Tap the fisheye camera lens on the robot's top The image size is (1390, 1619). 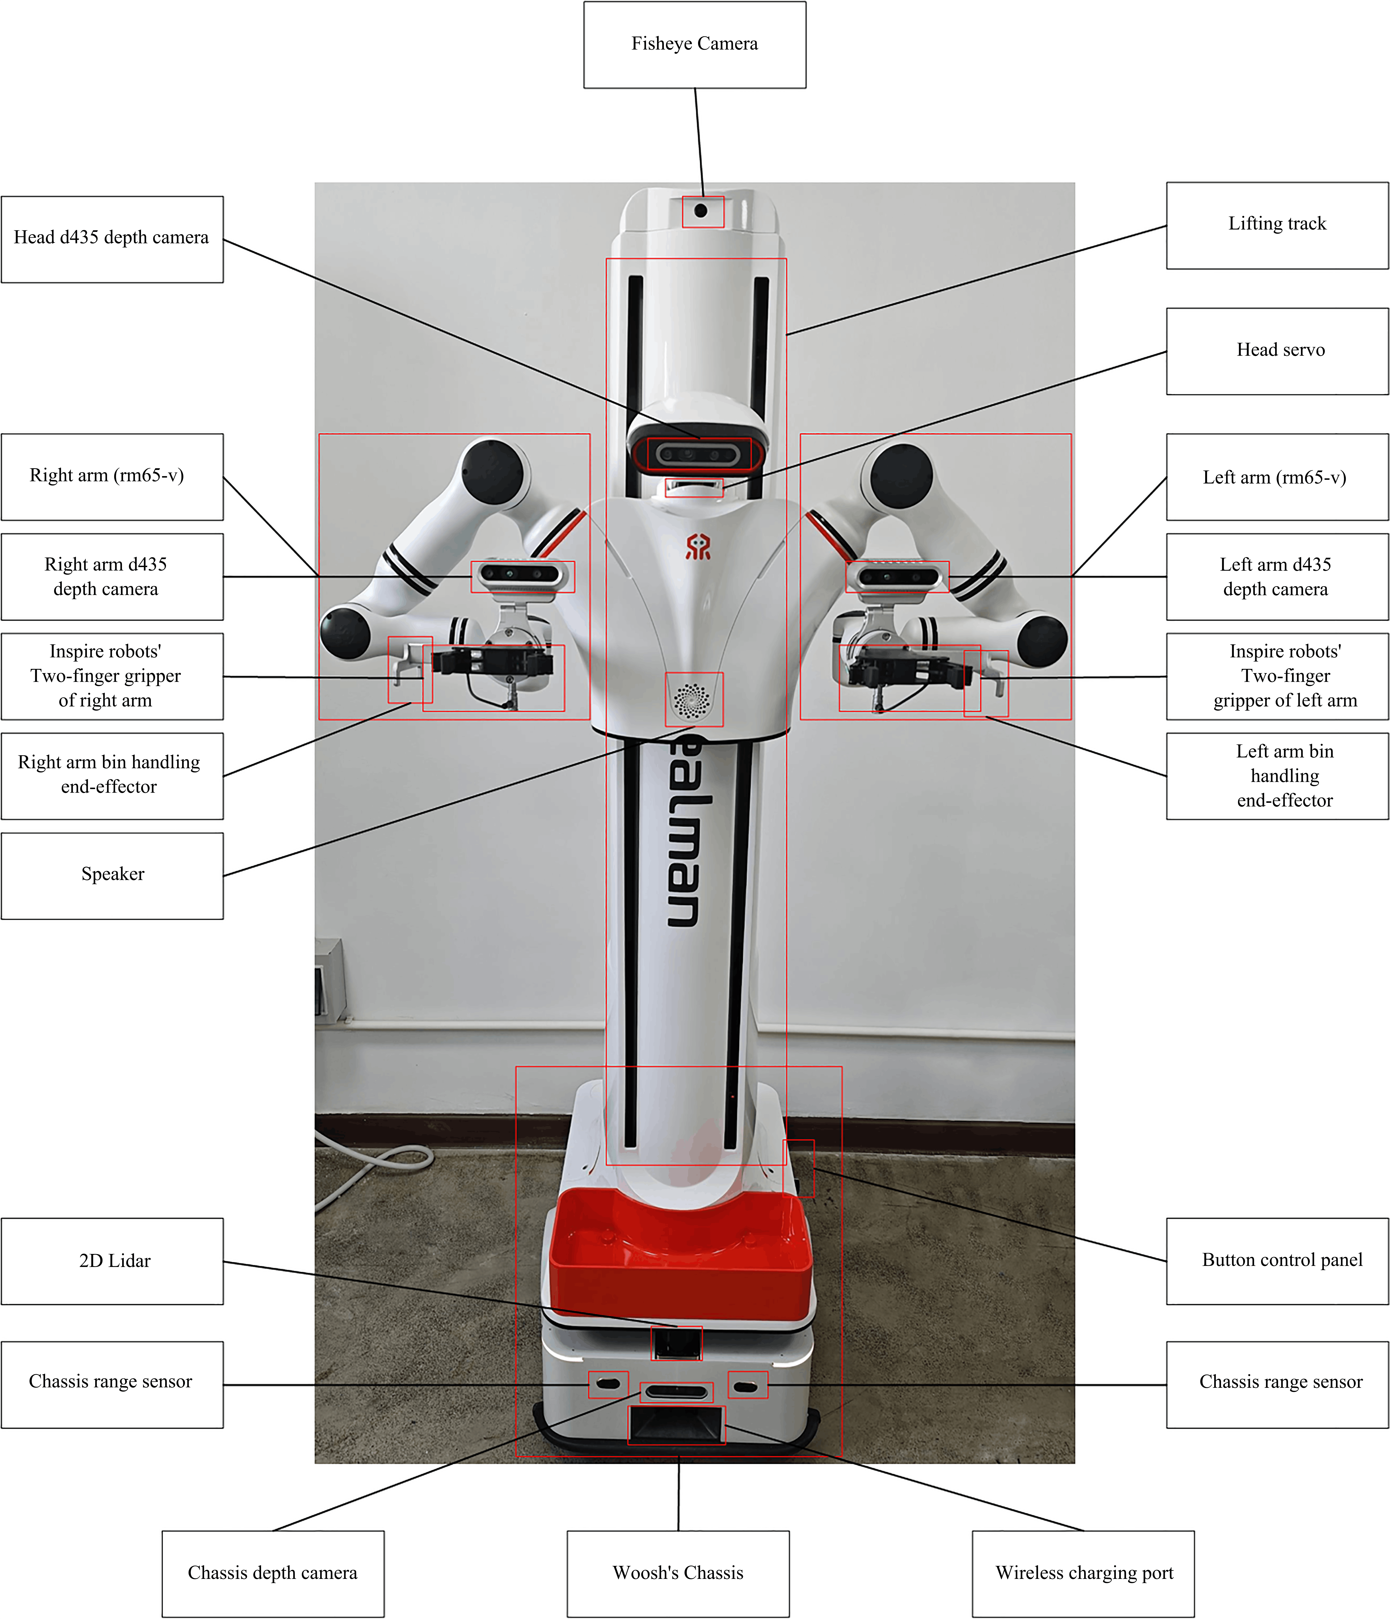[x=701, y=211]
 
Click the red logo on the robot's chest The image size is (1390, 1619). [x=698, y=547]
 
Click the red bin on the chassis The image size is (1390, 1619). [x=680, y=1254]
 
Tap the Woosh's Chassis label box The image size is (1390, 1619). [x=677, y=1573]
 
